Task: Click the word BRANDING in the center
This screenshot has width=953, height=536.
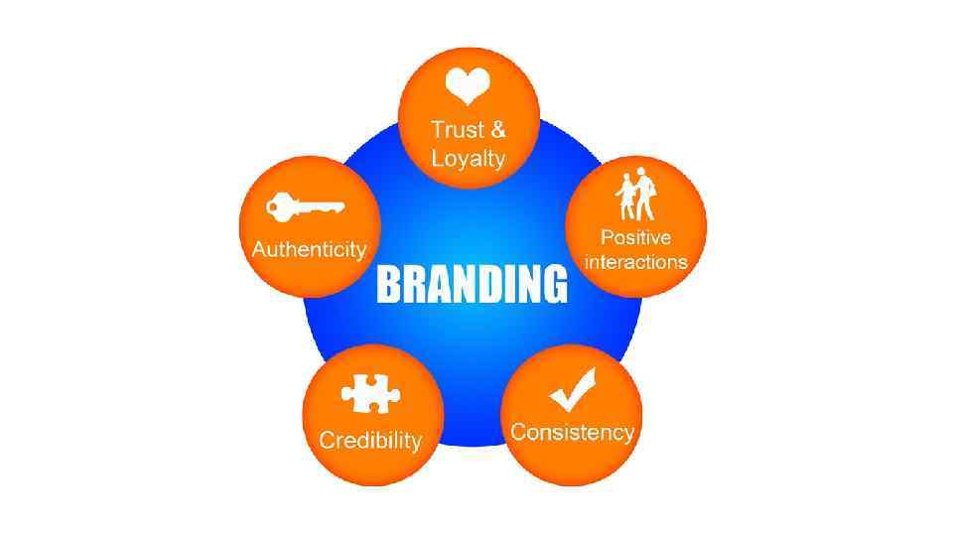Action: pos(472,284)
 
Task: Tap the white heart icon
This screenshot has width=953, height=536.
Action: pos(466,87)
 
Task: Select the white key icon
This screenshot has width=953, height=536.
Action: pos(305,208)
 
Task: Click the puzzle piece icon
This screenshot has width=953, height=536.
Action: pos(370,395)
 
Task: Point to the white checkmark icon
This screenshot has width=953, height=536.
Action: pos(573,390)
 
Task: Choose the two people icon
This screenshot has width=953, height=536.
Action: pos(636,198)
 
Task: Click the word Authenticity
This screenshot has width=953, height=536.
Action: pos(309,249)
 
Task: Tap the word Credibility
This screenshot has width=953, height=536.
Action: pos(370,441)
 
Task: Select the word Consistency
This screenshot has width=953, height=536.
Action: pos(572,433)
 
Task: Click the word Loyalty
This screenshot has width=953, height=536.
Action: pos(469,159)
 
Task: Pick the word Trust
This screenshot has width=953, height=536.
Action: pos(457,130)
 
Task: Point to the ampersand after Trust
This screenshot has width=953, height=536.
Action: pos(498,130)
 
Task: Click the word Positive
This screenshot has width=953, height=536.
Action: pos(635,238)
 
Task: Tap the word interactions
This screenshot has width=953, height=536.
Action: pos(635,262)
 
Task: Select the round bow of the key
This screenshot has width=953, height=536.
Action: pos(278,208)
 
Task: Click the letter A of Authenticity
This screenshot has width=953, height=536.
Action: pos(259,249)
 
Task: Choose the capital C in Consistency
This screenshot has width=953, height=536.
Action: pos(518,433)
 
